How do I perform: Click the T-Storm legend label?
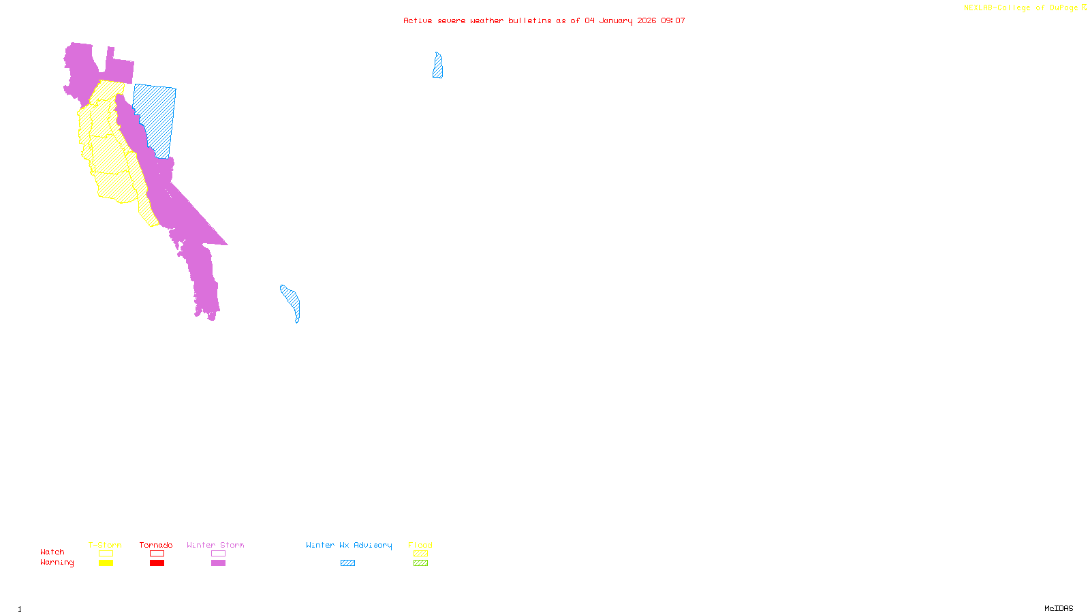click(x=105, y=545)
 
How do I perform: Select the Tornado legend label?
click(x=156, y=545)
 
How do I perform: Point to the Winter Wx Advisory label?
click(x=349, y=545)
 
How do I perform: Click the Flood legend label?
click(x=420, y=545)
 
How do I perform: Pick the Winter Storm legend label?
click(x=215, y=545)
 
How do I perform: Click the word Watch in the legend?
click(x=52, y=552)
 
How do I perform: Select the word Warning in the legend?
click(x=57, y=563)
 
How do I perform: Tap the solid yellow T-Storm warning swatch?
click(x=106, y=563)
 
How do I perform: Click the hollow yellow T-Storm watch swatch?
click(x=106, y=554)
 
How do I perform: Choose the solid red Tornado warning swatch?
click(x=157, y=563)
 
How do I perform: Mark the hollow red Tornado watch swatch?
click(x=157, y=554)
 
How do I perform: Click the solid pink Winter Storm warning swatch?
click(x=218, y=563)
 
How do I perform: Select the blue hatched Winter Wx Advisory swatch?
click(x=347, y=563)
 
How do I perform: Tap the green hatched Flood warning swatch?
click(x=420, y=563)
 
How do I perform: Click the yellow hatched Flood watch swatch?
click(x=420, y=554)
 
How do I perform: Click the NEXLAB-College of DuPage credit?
click(x=1021, y=8)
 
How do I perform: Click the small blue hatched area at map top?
click(x=437, y=66)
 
